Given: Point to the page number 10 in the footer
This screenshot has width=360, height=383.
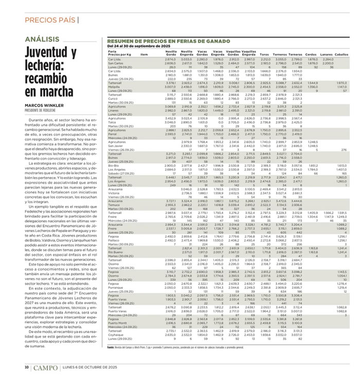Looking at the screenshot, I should coord(26,368).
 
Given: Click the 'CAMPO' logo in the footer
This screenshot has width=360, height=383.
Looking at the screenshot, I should coord(48,368).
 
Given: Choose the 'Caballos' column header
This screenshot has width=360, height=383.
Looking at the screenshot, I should coord(341,54).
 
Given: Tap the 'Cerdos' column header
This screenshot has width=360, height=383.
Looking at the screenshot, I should coord(311,54).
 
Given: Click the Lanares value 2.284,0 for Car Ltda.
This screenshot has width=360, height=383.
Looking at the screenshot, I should coord(327,60).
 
